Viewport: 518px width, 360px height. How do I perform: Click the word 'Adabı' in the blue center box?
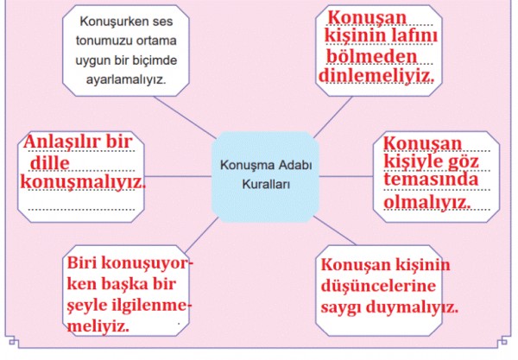click(x=295, y=165)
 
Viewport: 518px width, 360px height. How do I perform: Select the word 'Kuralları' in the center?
click(x=266, y=184)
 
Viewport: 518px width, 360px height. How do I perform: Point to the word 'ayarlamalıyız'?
click(x=126, y=79)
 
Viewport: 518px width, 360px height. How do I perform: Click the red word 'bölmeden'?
click(x=372, y=56)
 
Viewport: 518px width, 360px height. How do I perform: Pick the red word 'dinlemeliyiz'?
click(x=376, y=76)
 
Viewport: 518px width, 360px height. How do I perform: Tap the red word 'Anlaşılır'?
click(x=60, y=142)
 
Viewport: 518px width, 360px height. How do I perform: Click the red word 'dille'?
click(x=50, y=163)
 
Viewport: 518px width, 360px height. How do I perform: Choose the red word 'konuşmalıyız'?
click(x=83, y=183)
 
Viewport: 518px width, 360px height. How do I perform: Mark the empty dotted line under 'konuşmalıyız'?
click(x=82, y=209)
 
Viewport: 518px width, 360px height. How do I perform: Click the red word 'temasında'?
click(x=431, y=180)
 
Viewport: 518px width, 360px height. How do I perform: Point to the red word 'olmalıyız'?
click(x=427, y=201)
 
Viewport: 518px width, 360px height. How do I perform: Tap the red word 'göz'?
click(x=463, y=162)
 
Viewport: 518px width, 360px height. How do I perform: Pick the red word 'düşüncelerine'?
click(x=378, y=286)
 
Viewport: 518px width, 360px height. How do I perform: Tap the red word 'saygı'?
click(x=341, y=307)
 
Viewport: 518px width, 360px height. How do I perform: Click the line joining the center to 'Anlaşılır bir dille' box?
click(x=178, y=176)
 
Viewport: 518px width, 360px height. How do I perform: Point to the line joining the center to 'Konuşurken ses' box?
click(x=185, y=117)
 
